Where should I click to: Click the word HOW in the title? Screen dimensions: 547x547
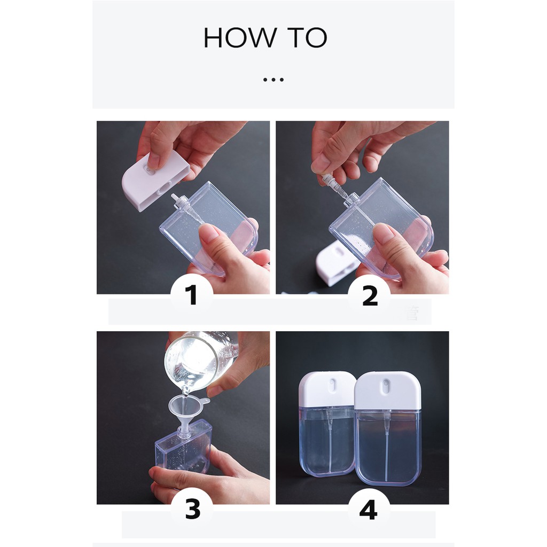click(x=240, y=37)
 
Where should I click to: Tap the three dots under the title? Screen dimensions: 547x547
click(x=273, y=80)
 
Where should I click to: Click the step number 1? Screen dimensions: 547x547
click(x=191, y=295)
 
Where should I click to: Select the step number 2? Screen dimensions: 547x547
click(x=370, y=296)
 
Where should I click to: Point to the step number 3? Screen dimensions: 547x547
click(x=192, y=509)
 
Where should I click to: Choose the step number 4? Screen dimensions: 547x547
click(x=369, y=510)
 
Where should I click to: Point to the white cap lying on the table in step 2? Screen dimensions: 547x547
click(x=335, y=262)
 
